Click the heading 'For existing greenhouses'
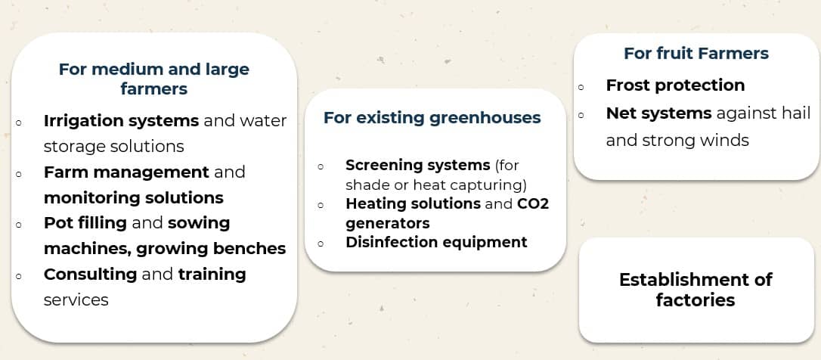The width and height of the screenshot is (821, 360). tap(432, 118)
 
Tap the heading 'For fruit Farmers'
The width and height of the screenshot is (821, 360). tap(696, 54)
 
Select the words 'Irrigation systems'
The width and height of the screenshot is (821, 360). tap(121, 121)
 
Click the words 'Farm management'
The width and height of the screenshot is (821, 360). tap(126, 172)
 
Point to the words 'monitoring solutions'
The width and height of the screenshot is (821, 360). tap(134, 198)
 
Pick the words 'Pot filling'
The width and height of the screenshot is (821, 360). tap(85, 223)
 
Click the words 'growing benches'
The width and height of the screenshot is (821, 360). tap(211, 248)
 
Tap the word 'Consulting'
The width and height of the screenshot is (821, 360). tap(90, 275)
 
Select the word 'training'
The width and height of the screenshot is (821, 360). tap(212, 275)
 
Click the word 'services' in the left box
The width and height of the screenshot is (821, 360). tap(76, 300)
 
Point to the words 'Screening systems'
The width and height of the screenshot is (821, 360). tap(417, 166)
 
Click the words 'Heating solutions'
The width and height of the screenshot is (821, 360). tap(413, 203)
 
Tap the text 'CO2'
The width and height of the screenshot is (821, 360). tap(532, 203)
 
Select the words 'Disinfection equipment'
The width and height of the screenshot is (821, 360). tap(436, 242)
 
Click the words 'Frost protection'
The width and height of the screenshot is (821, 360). tap(675, 85)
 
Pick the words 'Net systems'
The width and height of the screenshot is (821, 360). tap(658, 113)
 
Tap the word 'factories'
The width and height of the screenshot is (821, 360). tap(696, 300)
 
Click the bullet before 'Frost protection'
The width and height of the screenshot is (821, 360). tap(581, 88)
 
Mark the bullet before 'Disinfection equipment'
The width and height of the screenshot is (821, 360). tap(321, 244)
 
